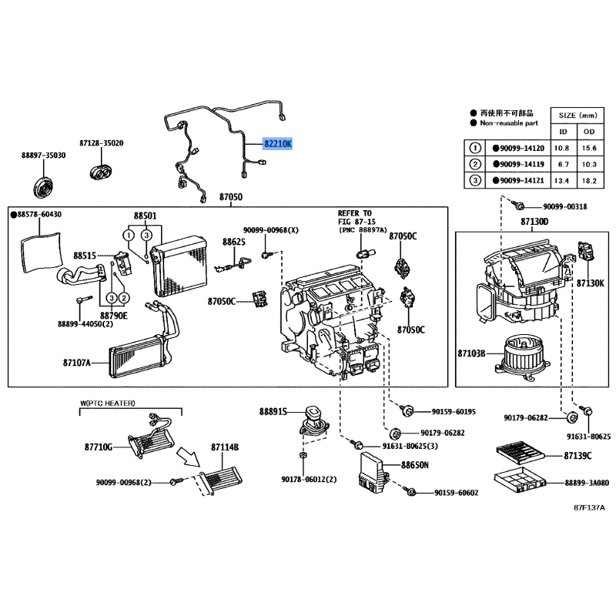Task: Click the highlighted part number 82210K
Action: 278,144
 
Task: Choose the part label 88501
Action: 145,216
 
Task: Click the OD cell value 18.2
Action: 589,181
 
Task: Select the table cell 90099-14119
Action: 518,164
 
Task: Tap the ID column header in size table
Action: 564,132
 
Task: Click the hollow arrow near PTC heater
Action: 188,457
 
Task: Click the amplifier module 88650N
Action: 373,473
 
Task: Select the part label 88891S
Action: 273,411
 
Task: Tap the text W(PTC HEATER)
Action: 108,403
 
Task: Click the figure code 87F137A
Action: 589,507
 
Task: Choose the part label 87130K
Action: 591,283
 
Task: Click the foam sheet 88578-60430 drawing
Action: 42,253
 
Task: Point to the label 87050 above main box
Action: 230,197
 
